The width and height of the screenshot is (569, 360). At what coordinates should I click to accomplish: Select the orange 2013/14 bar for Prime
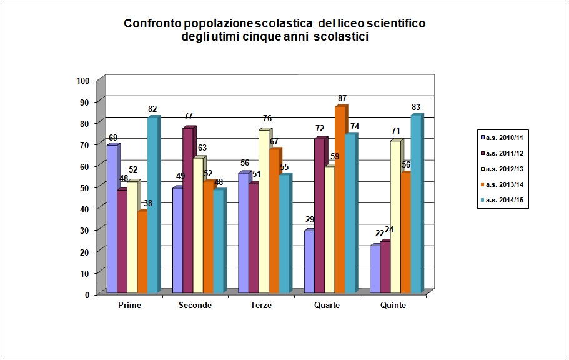[142, 252]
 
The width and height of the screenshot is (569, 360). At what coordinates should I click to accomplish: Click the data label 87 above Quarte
[342, 99]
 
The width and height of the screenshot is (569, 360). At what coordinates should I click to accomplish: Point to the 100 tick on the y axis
[82, 80]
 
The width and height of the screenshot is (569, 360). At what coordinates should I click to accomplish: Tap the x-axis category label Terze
[260, 305]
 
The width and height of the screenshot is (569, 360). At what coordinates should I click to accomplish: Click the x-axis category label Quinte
[392, 305]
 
